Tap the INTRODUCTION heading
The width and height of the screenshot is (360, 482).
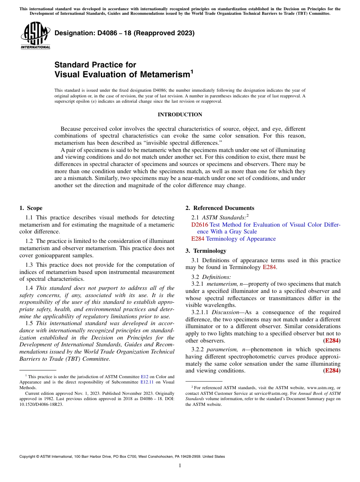180,114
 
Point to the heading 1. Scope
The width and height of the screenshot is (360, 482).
31,208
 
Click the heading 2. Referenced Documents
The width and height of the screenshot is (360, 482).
220,208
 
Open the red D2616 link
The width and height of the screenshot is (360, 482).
199,225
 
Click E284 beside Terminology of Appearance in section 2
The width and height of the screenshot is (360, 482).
198,239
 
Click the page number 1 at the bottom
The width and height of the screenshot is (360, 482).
180,466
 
